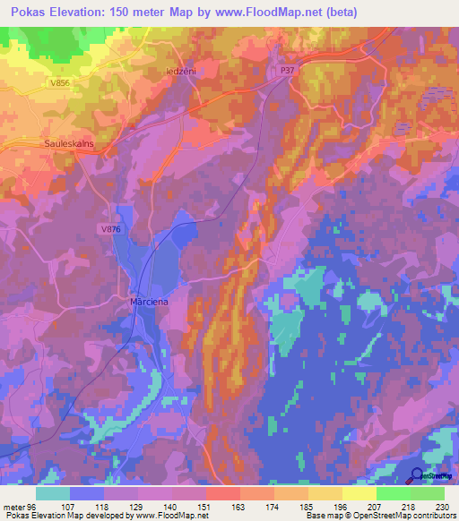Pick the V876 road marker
[110, 230]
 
